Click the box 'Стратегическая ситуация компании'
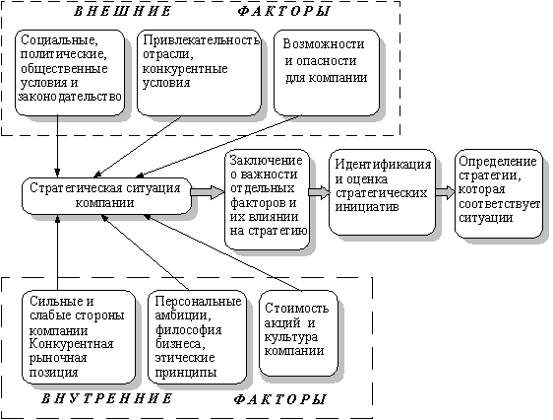(x=106, y=195)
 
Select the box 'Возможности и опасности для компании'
(x=327, y=73)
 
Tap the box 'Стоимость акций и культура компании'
(x=299, y=333)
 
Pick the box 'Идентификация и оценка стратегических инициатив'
(x=383, y=192)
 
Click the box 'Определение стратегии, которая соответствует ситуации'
(x=499, y=193)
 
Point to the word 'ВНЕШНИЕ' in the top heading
(x=122, y=11)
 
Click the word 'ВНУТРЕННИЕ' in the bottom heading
(x=107, y=399)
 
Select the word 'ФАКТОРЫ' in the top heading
(x=283, y=11)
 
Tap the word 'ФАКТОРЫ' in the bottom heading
(x=279, y=399)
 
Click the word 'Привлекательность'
(x=201, y=40)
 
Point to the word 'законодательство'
(x=70, y=97)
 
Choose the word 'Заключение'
(x=267, y=161)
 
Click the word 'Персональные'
(x=199, y=302)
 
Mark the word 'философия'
(x=189, y=330)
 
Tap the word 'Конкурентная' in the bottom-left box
(x=71, y=344)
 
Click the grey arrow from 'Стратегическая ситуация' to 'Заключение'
(x=208, y=192)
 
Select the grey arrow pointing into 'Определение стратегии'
(x=446, y=192)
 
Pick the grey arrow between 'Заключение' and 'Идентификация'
(x=320, y=192)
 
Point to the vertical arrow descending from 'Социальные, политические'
(x=57, y=146)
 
